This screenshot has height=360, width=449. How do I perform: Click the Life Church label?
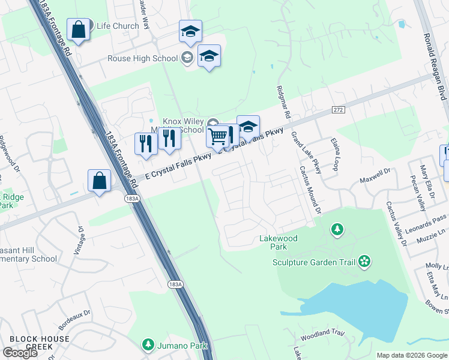point(118,26)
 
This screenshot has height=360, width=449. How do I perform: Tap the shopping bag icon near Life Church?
point(79,29)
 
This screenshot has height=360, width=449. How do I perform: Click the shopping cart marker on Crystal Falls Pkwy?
point(217,136)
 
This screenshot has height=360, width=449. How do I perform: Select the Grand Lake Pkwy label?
point(306,153)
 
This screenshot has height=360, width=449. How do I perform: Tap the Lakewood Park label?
point(278,242)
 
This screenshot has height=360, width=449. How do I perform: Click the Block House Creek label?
point(40,343)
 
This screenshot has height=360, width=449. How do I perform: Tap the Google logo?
point(20,353)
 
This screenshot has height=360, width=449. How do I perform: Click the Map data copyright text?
point(412,355)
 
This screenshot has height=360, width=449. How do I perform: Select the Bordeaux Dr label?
point(74,319)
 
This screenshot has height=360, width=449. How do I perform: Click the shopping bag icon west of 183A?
point(99,181)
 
